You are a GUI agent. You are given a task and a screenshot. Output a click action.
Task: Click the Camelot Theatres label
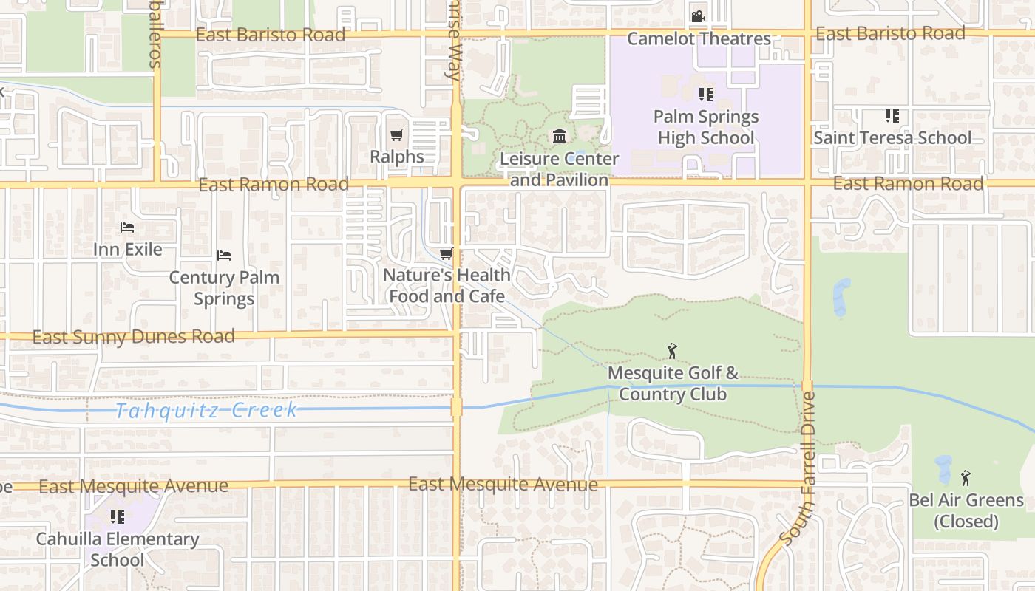[x=699, y=38]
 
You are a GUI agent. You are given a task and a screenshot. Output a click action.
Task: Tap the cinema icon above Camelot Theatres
[x=698, y=16]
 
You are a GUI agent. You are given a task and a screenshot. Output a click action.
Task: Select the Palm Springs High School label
[x=706, y=127]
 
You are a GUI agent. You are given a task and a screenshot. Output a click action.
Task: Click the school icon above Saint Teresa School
[x=892, y=116]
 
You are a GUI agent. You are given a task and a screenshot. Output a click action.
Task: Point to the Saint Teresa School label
[x=892, y=137]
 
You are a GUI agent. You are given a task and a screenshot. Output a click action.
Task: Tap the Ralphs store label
[x=397, y=157]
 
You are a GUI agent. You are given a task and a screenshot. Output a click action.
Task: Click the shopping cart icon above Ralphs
[x=397, y=134]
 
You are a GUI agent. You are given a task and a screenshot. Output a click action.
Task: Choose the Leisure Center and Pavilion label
[x=560, y=169]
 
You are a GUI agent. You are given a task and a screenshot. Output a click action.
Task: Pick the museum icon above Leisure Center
[x=560, y=137]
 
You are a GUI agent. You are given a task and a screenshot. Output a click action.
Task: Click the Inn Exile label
[x=127, y=249]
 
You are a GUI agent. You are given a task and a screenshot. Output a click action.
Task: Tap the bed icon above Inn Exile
[x=127, y=227]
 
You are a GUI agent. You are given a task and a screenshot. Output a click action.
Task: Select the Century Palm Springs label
[x=224, y=288]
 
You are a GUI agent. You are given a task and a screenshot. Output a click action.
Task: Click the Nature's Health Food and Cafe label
[x=447, y=285]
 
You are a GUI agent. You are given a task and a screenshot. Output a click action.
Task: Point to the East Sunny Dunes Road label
[x=134, y=337]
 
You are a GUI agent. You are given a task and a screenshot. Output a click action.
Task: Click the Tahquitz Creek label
[x=206, y=410]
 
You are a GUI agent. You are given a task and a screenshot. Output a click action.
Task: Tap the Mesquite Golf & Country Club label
[x=673, y=383]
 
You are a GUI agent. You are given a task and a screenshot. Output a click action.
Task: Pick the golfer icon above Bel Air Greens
[x=966, y=478]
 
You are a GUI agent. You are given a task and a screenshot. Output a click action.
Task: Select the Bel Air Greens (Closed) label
[x=966, y=510]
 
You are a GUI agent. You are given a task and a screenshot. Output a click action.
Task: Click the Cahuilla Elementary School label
[x=118, y=549]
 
